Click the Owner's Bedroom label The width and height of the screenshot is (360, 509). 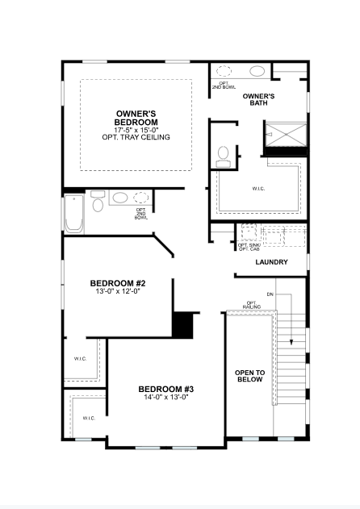pyautogui.click(x=136, y=118)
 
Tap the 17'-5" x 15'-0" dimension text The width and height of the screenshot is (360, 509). pyautogui.click(x=136, y=130)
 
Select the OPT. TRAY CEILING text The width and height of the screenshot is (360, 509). pyautogui.click(x=136, y=137)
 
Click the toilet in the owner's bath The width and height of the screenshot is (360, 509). pyautogui.click(x=223, y=157)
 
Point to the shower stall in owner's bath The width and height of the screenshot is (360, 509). pyautogui.click(x=286, y=134)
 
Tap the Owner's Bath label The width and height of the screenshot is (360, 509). pyautogui.click(x=258, y=99)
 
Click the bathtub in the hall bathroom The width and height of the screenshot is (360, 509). pyautogui.click(x=74, y=213)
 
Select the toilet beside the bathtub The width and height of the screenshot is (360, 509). pyautogui.click(x=98, y=202)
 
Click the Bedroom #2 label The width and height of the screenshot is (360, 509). pyautogui.click(x=118, y=283)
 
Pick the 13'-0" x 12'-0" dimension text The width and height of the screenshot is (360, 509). pyautogui.click(x=118, y=291)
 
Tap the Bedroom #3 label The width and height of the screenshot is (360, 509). pyautogui.click(x=166, y=389)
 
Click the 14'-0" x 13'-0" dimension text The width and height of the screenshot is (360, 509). pyautogui.click(x=166, y=397)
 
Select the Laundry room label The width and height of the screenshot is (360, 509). pyautogui.click(x=272, y=262)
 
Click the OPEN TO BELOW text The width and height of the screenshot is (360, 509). pyautogui.click(x=250, y=376)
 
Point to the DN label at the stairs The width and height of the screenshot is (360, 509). pyautogui.click(x=270, y=294)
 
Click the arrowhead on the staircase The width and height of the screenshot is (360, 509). pyautogui.click(x=291, y=342)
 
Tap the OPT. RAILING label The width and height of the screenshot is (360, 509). pyautogui.click(x=252, y=305)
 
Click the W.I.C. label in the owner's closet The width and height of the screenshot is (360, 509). pyautogui.click(x=258, y=188)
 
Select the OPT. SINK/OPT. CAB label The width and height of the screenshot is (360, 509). pyautogui.click(x=249, y=247)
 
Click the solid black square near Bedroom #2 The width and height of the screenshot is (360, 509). pyautogui.click(x=182, y=325)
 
